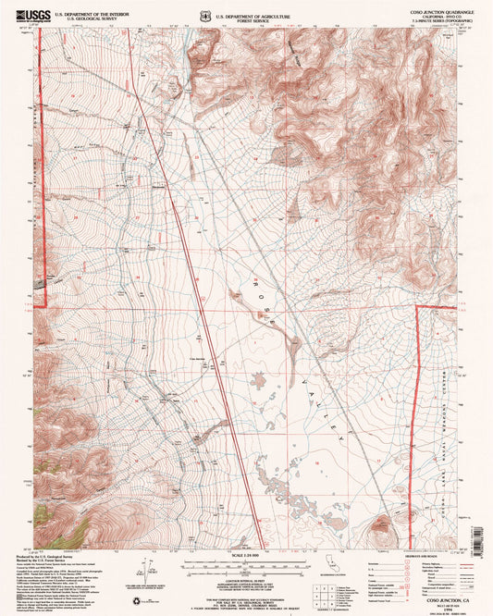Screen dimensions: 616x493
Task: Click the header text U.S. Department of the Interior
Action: point(90,14)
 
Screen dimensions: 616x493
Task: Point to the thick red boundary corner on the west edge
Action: point(44,304)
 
